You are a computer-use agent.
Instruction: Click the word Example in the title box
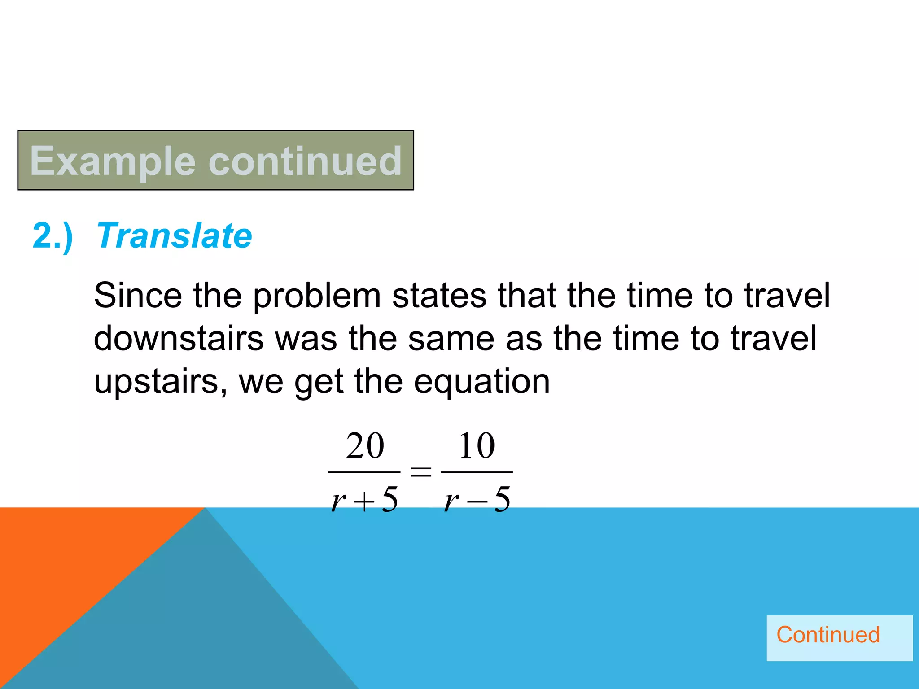coord(113,161)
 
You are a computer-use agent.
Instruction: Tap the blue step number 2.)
coord(53,236)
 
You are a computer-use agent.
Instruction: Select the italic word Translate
coord(175,235)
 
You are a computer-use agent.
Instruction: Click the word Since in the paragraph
coord(138,296)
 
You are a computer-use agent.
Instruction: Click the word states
coord(439,296)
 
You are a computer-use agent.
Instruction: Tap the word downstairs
coord(179,339)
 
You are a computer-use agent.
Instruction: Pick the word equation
coord(481,383)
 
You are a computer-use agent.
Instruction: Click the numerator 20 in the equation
coord(365,446)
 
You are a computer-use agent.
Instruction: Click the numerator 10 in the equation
coord(477,446)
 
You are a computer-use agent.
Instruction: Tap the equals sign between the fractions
coord(421,472)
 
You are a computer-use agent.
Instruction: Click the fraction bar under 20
coord(364,472)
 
